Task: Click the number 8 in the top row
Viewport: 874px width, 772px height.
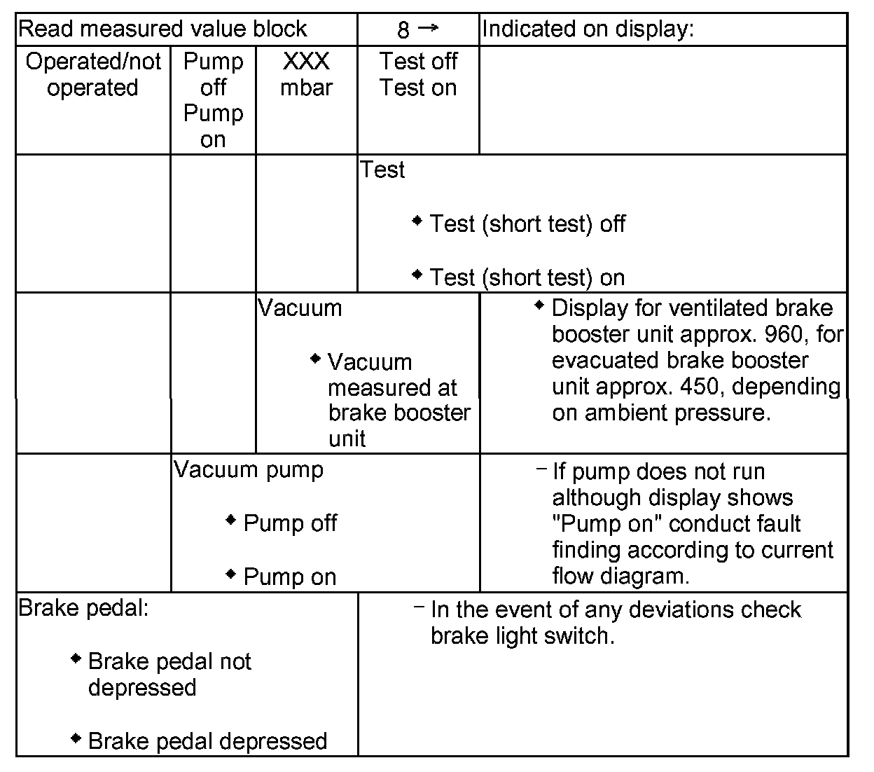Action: pyautogui.click(x=403, y=30)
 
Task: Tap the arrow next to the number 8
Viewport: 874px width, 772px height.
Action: pyautogui.click(x=428, y=28)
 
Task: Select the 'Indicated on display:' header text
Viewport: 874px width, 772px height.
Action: pyautogui.click(x=588, y=29)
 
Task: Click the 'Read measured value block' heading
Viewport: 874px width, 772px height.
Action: pyautogui.click(x=162, y=29)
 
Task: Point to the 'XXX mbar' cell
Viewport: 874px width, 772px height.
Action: pyautogui.click(x=306, y=74)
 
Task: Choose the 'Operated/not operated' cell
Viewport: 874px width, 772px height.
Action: pyautogui.click(x=93, y=74)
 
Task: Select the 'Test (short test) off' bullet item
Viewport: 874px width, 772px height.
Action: pyautogui.click(x=527, y=224)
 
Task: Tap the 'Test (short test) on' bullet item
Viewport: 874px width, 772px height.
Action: pyautogui.click(x=527, y=277)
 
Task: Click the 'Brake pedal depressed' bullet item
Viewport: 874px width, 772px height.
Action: pyautogui.click(x=207, y=741)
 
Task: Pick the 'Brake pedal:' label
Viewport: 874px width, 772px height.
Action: pyautogui.click(x=83, y=607)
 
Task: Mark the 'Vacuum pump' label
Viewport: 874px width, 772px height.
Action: pyautogui.click(x=249, y=469)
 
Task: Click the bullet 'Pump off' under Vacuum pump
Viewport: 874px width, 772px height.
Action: pyautogui.click(x=290, y=523)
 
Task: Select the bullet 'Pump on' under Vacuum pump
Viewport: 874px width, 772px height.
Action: pyautogui.click(x=290, y=577)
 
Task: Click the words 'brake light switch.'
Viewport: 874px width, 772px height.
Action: pyautogui.click(x=522, y=636)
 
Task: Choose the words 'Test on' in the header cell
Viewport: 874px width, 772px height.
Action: pyautogui.click(x=418, y=88)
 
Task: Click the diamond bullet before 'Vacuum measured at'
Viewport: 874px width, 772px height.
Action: pyautogui.click(x=316, y=359)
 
